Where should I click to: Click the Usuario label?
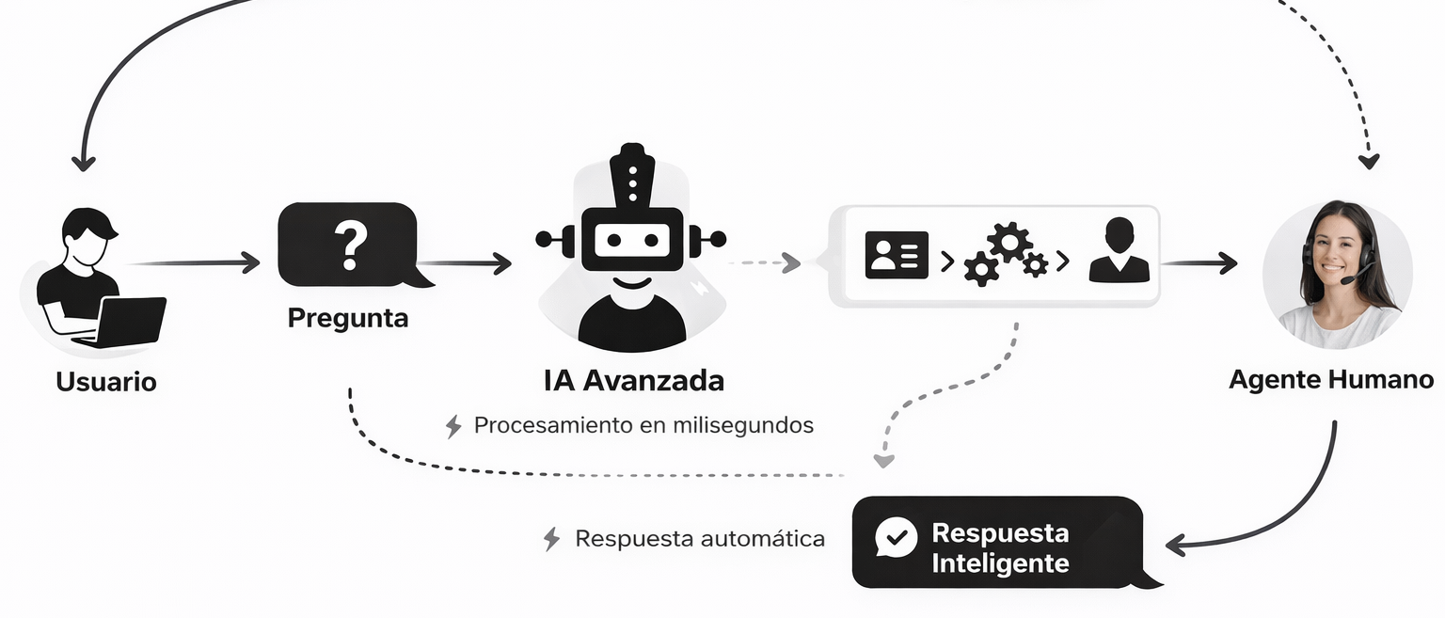tap(106, 382)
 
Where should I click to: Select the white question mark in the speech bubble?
tap(350, 244)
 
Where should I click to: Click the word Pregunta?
tap(348, 318)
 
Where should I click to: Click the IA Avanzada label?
tap(633, 381)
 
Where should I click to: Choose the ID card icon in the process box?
tap(896, 255)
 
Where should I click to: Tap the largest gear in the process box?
tap(1009, 241)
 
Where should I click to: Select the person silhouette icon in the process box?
tap(1119, 251)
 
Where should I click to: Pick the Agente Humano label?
tap(1331, 380)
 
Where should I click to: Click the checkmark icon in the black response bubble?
tap(897, 537)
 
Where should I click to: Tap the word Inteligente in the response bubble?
tap(1000, 564)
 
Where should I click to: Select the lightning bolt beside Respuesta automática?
tap(551, 539)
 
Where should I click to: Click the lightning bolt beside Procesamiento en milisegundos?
tap(453, 426)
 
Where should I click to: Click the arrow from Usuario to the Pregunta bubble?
tap(198, 262)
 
